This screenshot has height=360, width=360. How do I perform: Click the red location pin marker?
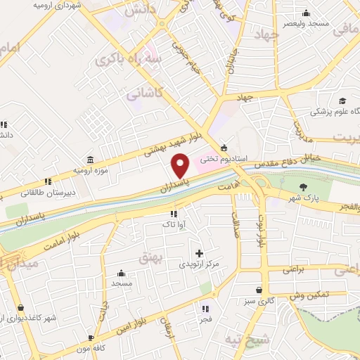[180, 165]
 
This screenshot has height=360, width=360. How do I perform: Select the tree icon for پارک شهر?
[303, 186]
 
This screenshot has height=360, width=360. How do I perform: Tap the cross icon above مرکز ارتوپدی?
[199, 253]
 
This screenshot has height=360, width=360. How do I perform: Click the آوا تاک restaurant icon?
[173, 214]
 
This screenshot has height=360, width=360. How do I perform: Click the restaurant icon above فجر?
[205, 308]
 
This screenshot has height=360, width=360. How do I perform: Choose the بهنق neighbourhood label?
[149, 258]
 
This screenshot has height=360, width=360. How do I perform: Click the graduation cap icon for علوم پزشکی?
[342, 101]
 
